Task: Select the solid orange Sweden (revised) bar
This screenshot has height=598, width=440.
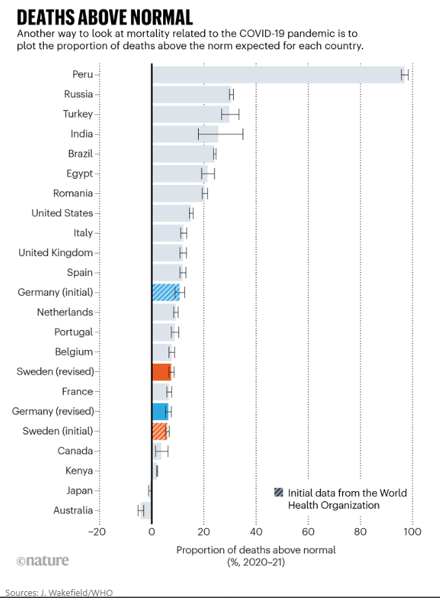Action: tap(161, 372)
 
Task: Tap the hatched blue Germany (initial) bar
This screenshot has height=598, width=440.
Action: tap(164, 292)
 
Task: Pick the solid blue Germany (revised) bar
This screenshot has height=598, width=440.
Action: tap(160, 412)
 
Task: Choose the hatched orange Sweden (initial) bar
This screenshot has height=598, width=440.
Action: tap(159, 432)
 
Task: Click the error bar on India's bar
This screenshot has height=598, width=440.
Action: tap(221, 134)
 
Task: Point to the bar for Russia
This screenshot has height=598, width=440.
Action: tap(191, 95)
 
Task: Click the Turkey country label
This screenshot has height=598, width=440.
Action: tap(77, 114)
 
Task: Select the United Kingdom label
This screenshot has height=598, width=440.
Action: tap(56, 253)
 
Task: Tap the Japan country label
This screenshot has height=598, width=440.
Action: tap(79, 490)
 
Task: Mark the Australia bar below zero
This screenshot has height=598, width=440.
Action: tap(145, 510)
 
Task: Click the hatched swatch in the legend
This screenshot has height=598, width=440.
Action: tap(278, 493)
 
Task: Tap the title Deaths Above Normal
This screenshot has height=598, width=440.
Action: tap(104, 17)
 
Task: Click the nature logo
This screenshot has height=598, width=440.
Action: tap(42, 560)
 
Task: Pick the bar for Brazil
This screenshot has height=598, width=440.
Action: tap(183, 154)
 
